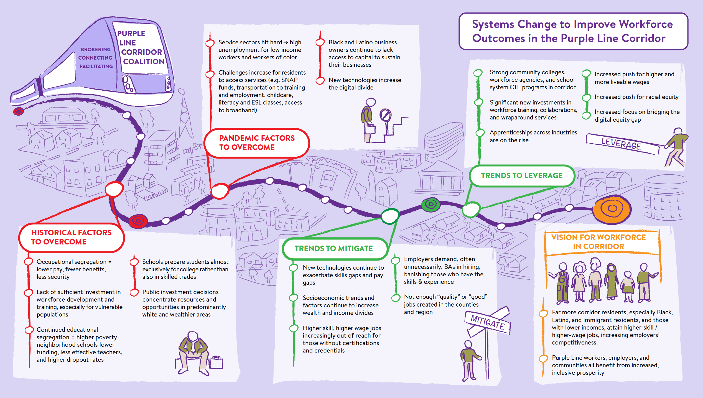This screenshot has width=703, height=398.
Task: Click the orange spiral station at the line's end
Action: tap(612, 209)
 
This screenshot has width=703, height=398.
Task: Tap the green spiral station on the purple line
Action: tap(431, 205)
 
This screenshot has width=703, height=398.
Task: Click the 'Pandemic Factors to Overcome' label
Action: tap(257, 143)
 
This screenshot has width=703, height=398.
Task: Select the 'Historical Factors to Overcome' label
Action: tap(71, 237)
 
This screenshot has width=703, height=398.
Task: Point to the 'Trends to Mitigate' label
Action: tap(334, 248)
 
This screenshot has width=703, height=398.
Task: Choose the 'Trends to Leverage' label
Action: tap(522, 176)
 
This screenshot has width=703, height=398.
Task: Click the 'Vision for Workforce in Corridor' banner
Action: tap(598, 242)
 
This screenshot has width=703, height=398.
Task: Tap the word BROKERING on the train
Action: tap(96, 49)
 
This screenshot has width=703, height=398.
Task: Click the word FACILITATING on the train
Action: tap(96, 66)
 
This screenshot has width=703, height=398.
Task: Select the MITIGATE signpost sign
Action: tap(488, 323)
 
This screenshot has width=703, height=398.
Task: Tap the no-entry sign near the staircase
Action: tap(385, 115)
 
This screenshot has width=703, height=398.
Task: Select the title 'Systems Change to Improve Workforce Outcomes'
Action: tap(573, 31)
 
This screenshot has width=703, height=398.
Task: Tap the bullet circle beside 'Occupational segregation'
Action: tap(28, 262)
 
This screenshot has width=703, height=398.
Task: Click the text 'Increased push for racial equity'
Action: tap(636, 97)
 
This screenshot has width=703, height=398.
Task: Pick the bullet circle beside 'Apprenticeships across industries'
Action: tap(480, 133)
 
